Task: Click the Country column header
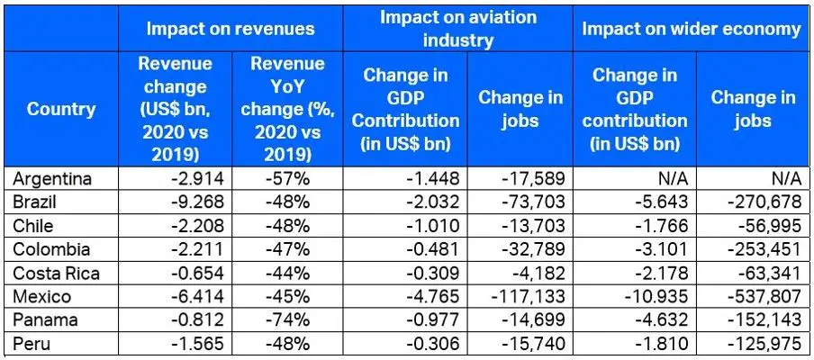point(61,110)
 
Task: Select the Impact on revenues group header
point(231,28)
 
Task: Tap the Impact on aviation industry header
point(458,29)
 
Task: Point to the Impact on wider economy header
point(691,29)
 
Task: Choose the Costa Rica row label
point(52,273)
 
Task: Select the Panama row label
point(41,319)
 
